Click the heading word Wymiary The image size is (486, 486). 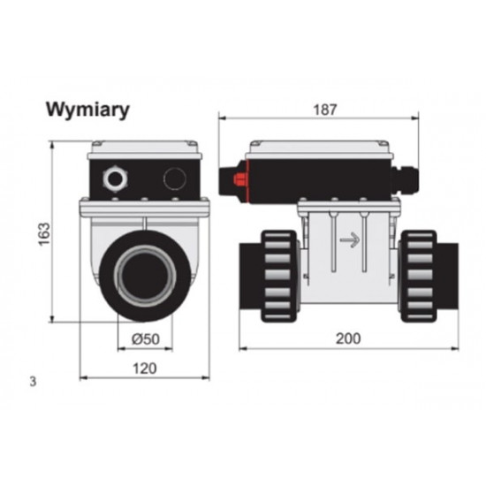point(87,110)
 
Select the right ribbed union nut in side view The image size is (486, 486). point(417,274)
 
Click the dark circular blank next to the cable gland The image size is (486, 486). point(175,180)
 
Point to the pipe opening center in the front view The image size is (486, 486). point(144,276)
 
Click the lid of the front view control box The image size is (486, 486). point(145,147)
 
